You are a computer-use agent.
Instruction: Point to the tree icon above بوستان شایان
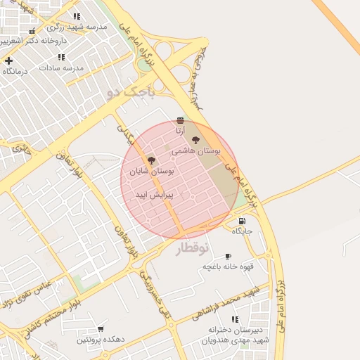click(150, 161)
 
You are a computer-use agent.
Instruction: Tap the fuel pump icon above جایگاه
click(242, 221)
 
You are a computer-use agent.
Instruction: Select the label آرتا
click(180, 131)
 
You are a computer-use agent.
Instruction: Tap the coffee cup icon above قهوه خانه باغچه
click(228, 256)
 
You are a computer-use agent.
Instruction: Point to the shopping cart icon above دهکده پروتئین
click(101, 328)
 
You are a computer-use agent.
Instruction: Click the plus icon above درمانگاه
click(8, 60)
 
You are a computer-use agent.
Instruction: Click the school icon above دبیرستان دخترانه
click(234, 319)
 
